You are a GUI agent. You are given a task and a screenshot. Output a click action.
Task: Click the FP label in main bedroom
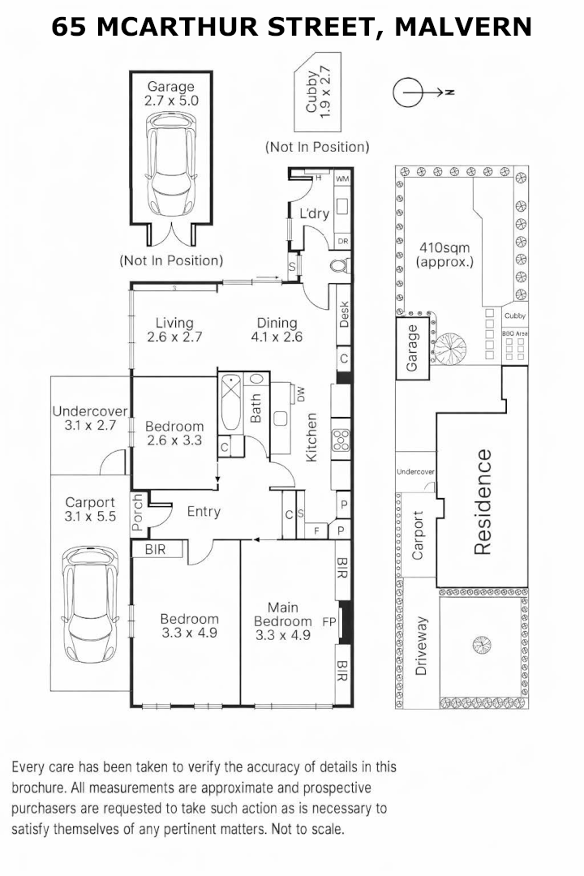pos(328,622)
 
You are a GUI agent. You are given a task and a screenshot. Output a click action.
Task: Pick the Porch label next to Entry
pos(138,513)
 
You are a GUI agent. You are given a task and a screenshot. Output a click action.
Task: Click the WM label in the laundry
pos(341,178)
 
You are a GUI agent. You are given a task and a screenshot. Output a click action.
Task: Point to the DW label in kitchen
pos(300,395)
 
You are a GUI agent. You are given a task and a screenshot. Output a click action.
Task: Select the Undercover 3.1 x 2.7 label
pos(85,417)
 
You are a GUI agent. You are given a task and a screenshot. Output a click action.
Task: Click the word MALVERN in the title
pos(463,27)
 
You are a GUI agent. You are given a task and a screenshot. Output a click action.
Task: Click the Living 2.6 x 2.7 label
pos(174,330)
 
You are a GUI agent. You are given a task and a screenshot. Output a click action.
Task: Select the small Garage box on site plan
pos(412,348)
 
